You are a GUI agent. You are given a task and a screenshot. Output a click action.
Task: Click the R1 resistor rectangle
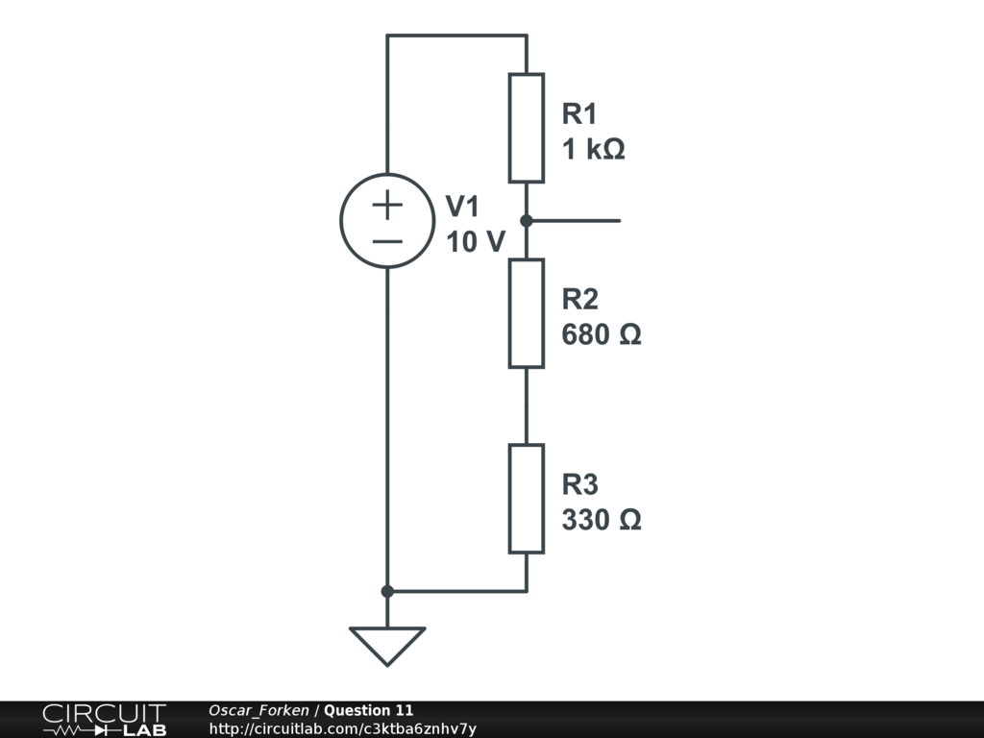[527, 128]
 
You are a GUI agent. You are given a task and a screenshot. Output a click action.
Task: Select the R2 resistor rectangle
[527, 313]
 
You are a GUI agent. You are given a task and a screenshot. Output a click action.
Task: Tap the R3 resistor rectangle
[527, 498]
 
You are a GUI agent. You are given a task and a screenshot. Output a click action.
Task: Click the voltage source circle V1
[387, 221]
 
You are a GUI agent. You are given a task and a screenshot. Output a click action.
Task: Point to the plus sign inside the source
[387, 204]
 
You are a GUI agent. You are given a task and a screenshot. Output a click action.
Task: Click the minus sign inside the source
[387, 239]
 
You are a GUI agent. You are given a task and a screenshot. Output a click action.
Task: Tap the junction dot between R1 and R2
[527, 221]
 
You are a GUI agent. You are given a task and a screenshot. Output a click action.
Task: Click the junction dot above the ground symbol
[387, 591]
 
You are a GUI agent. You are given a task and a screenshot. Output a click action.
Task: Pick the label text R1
[579, 114]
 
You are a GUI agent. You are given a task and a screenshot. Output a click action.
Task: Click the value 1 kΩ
[594, 150]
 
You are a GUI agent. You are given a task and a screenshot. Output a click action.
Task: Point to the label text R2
[579, 299]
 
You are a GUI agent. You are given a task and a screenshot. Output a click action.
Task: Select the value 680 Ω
[602, 335]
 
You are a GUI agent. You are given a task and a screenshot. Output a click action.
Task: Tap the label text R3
[579, 483]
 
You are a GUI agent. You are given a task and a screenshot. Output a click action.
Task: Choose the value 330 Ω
[602, 520]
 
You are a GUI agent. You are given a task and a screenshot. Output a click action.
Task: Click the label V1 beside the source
[462, 207]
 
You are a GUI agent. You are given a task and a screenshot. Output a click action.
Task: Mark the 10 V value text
[475, 242]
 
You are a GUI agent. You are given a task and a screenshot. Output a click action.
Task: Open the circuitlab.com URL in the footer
[342, 728]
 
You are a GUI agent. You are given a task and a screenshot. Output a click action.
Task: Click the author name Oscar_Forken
[258, 710]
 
